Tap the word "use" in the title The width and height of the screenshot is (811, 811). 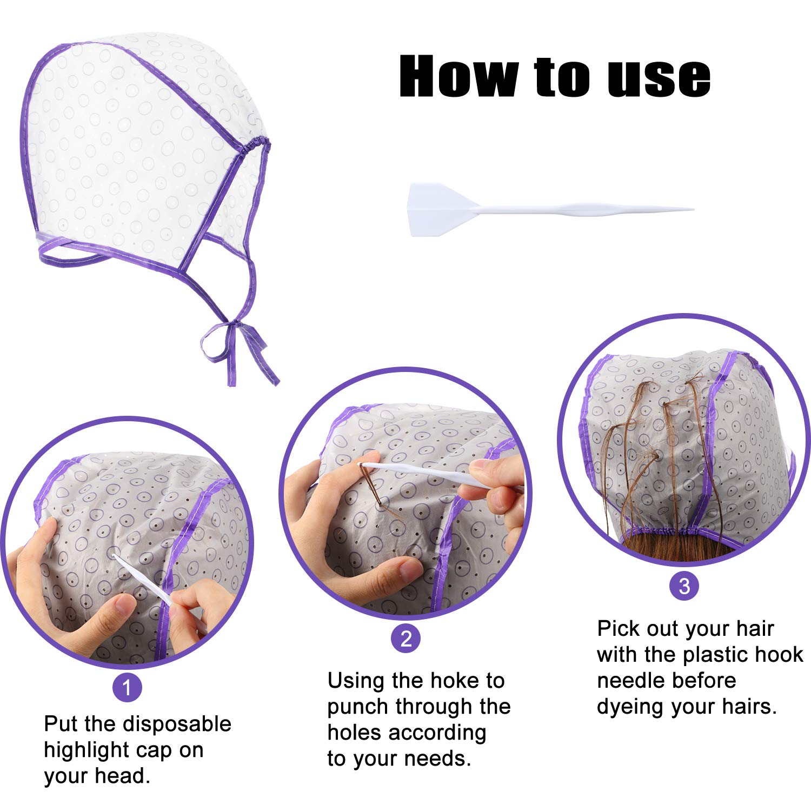coord(659,79)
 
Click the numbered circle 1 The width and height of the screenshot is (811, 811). coord(127,688)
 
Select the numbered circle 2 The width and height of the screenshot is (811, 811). coord(406,639)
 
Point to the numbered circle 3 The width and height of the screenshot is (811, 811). coord(684,586)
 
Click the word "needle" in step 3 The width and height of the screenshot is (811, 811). coord(666,680)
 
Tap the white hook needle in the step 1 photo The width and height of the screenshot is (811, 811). coord(143,581)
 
